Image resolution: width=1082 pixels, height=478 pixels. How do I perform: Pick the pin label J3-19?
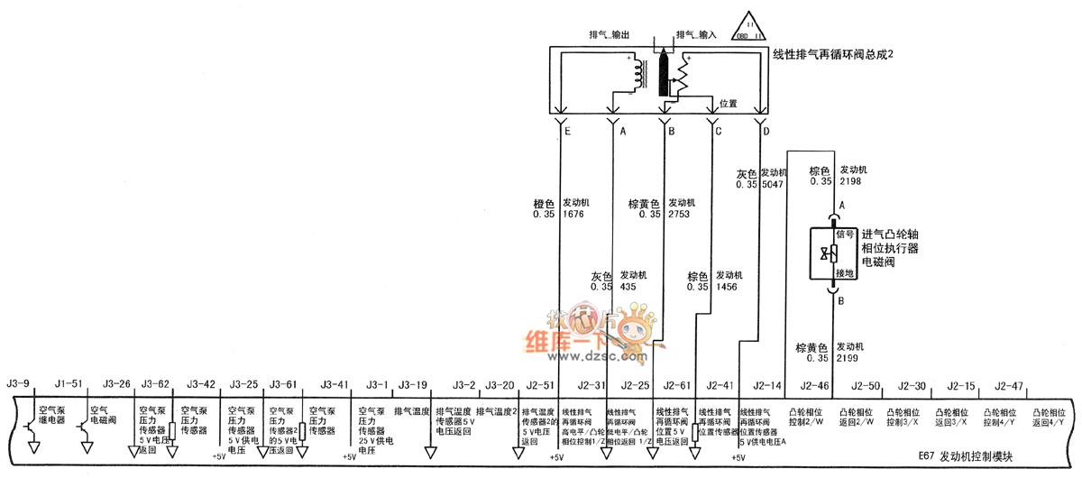413,385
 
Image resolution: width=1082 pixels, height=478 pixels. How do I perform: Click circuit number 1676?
573,215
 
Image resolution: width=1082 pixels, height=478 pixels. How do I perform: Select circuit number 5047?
774,184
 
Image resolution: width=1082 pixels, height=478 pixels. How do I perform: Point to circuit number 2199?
848,358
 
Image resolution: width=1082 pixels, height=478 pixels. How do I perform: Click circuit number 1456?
727,287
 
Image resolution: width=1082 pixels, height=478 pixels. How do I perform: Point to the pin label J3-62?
155,385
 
